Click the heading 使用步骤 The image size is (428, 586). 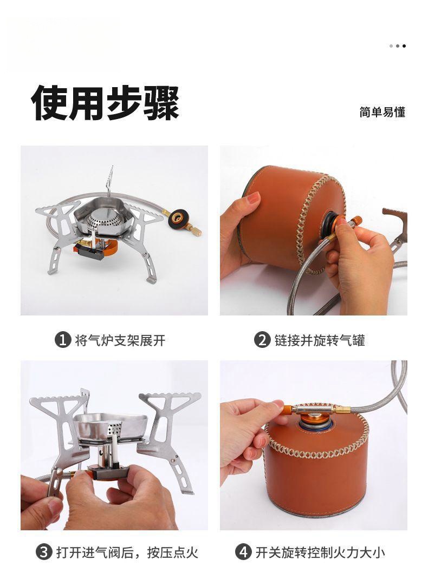coord(105,103)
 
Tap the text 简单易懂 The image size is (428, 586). coord(382,112)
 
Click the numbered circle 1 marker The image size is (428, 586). coord(62,340)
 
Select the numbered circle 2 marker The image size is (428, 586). coord(262,340)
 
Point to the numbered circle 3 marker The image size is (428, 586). coord(44,552)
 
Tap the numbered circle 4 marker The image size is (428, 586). coord(243,552)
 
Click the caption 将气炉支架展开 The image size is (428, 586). coord(120,340)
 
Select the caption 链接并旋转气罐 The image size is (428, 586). coord(320,340)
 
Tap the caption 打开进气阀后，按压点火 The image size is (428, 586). coord(127,552)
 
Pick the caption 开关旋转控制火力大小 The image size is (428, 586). coord(320,552)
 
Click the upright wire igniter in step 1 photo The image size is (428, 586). coord(109,182)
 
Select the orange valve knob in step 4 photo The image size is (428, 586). coord(288,410)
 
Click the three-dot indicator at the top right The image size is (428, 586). coord(397,46)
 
